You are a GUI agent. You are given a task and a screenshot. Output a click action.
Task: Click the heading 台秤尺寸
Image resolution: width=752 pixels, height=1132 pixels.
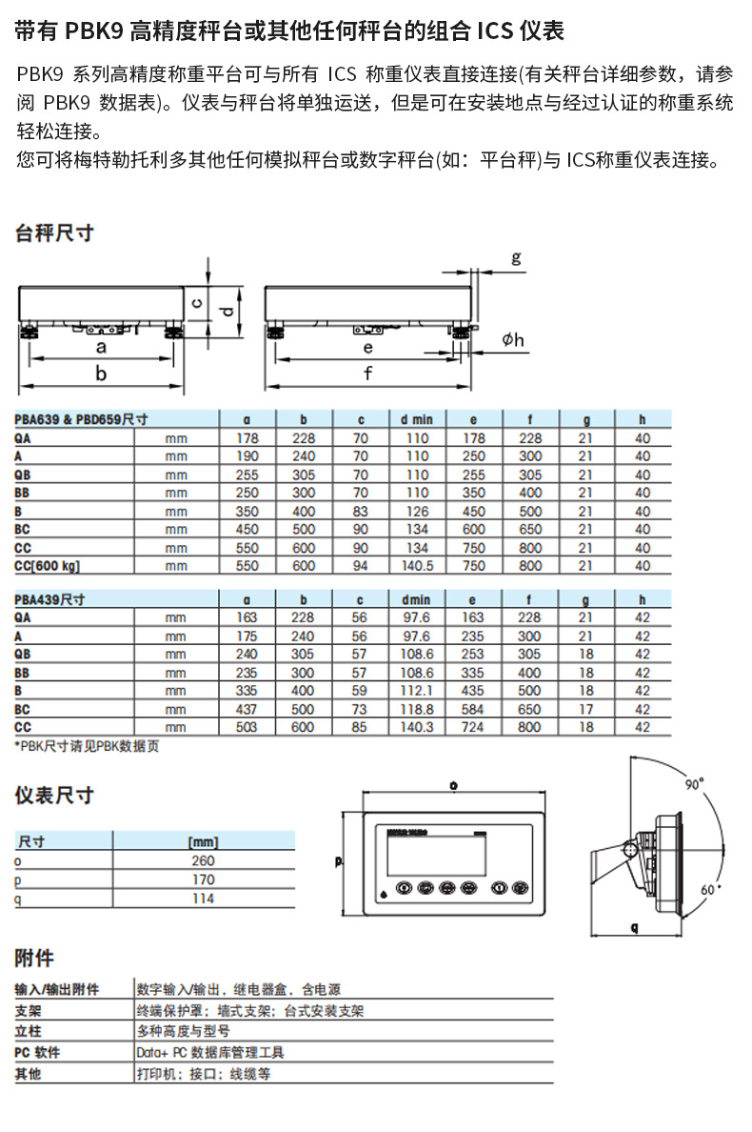pos(54,232)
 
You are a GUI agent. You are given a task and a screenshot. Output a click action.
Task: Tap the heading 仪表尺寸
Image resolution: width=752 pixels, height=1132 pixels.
pos(54,795)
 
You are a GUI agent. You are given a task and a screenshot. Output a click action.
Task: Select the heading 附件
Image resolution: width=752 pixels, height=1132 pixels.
pos(34,958)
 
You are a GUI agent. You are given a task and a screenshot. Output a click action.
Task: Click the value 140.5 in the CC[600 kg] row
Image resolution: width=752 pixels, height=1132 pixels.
pos(416,566)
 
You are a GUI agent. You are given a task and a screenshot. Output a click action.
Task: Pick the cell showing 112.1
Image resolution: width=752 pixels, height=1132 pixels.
pos(416,691)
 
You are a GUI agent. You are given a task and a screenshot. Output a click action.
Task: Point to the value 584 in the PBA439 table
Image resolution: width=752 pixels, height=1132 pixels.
pos(473,709)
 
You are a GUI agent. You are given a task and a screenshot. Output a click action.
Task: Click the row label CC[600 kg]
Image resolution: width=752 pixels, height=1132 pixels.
pos(48,566)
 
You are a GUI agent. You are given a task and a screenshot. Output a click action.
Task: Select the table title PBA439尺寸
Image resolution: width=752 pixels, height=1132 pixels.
pos(50,599)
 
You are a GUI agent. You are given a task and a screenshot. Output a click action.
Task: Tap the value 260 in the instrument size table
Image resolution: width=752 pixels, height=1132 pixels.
pos(204,861)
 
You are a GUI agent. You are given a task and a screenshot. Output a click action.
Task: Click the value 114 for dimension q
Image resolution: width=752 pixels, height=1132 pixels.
pos(204,899)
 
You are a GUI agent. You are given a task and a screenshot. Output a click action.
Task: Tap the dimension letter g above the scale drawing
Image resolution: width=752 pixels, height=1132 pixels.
pos(515,257)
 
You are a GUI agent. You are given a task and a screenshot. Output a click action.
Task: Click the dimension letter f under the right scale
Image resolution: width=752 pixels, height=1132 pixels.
pos(368,374)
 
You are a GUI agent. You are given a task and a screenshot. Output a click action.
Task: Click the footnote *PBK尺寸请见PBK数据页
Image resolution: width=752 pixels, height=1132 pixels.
pos(87,746)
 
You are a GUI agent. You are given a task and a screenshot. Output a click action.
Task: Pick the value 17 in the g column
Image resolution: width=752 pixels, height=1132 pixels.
pos(586,709)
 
